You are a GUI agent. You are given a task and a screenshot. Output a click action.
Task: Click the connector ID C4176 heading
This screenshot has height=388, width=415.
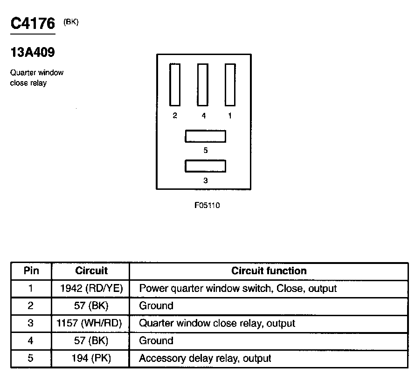33,23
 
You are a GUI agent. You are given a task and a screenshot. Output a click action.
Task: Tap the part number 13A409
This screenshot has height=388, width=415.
32,53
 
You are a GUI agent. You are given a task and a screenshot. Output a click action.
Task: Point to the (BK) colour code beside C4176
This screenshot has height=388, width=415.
71,21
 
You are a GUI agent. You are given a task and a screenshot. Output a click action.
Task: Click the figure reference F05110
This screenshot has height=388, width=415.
207,206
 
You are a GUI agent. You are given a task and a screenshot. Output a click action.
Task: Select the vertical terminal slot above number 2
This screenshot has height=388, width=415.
174,85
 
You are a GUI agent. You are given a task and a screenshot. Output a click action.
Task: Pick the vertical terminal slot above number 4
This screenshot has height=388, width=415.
203,85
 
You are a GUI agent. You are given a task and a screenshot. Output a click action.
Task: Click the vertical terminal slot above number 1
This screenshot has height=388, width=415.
230,85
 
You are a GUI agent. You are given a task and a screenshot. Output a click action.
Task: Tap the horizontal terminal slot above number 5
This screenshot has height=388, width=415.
206,136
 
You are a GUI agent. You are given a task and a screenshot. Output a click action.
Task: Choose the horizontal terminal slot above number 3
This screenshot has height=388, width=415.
206,166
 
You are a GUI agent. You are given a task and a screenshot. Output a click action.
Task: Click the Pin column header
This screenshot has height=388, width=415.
31,271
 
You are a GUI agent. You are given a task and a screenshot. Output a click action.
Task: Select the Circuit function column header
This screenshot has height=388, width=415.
269,271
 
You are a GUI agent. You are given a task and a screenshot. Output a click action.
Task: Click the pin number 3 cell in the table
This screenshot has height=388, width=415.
31,323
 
